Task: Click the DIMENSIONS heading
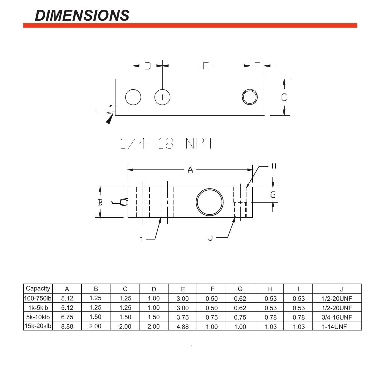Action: [x=82, y=15]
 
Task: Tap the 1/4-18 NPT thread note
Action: [x=167, y=143]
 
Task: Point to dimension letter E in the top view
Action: [x=206, y=66]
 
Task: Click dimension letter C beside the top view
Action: [x=284, y=97]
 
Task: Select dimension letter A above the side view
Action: [x=190, y=170]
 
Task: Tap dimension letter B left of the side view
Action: [x=100, y=202]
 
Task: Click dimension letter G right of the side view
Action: [x=273, y=195]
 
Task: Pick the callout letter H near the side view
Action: [x=274, y=166]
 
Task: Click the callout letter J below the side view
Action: [x=211, y=238]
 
